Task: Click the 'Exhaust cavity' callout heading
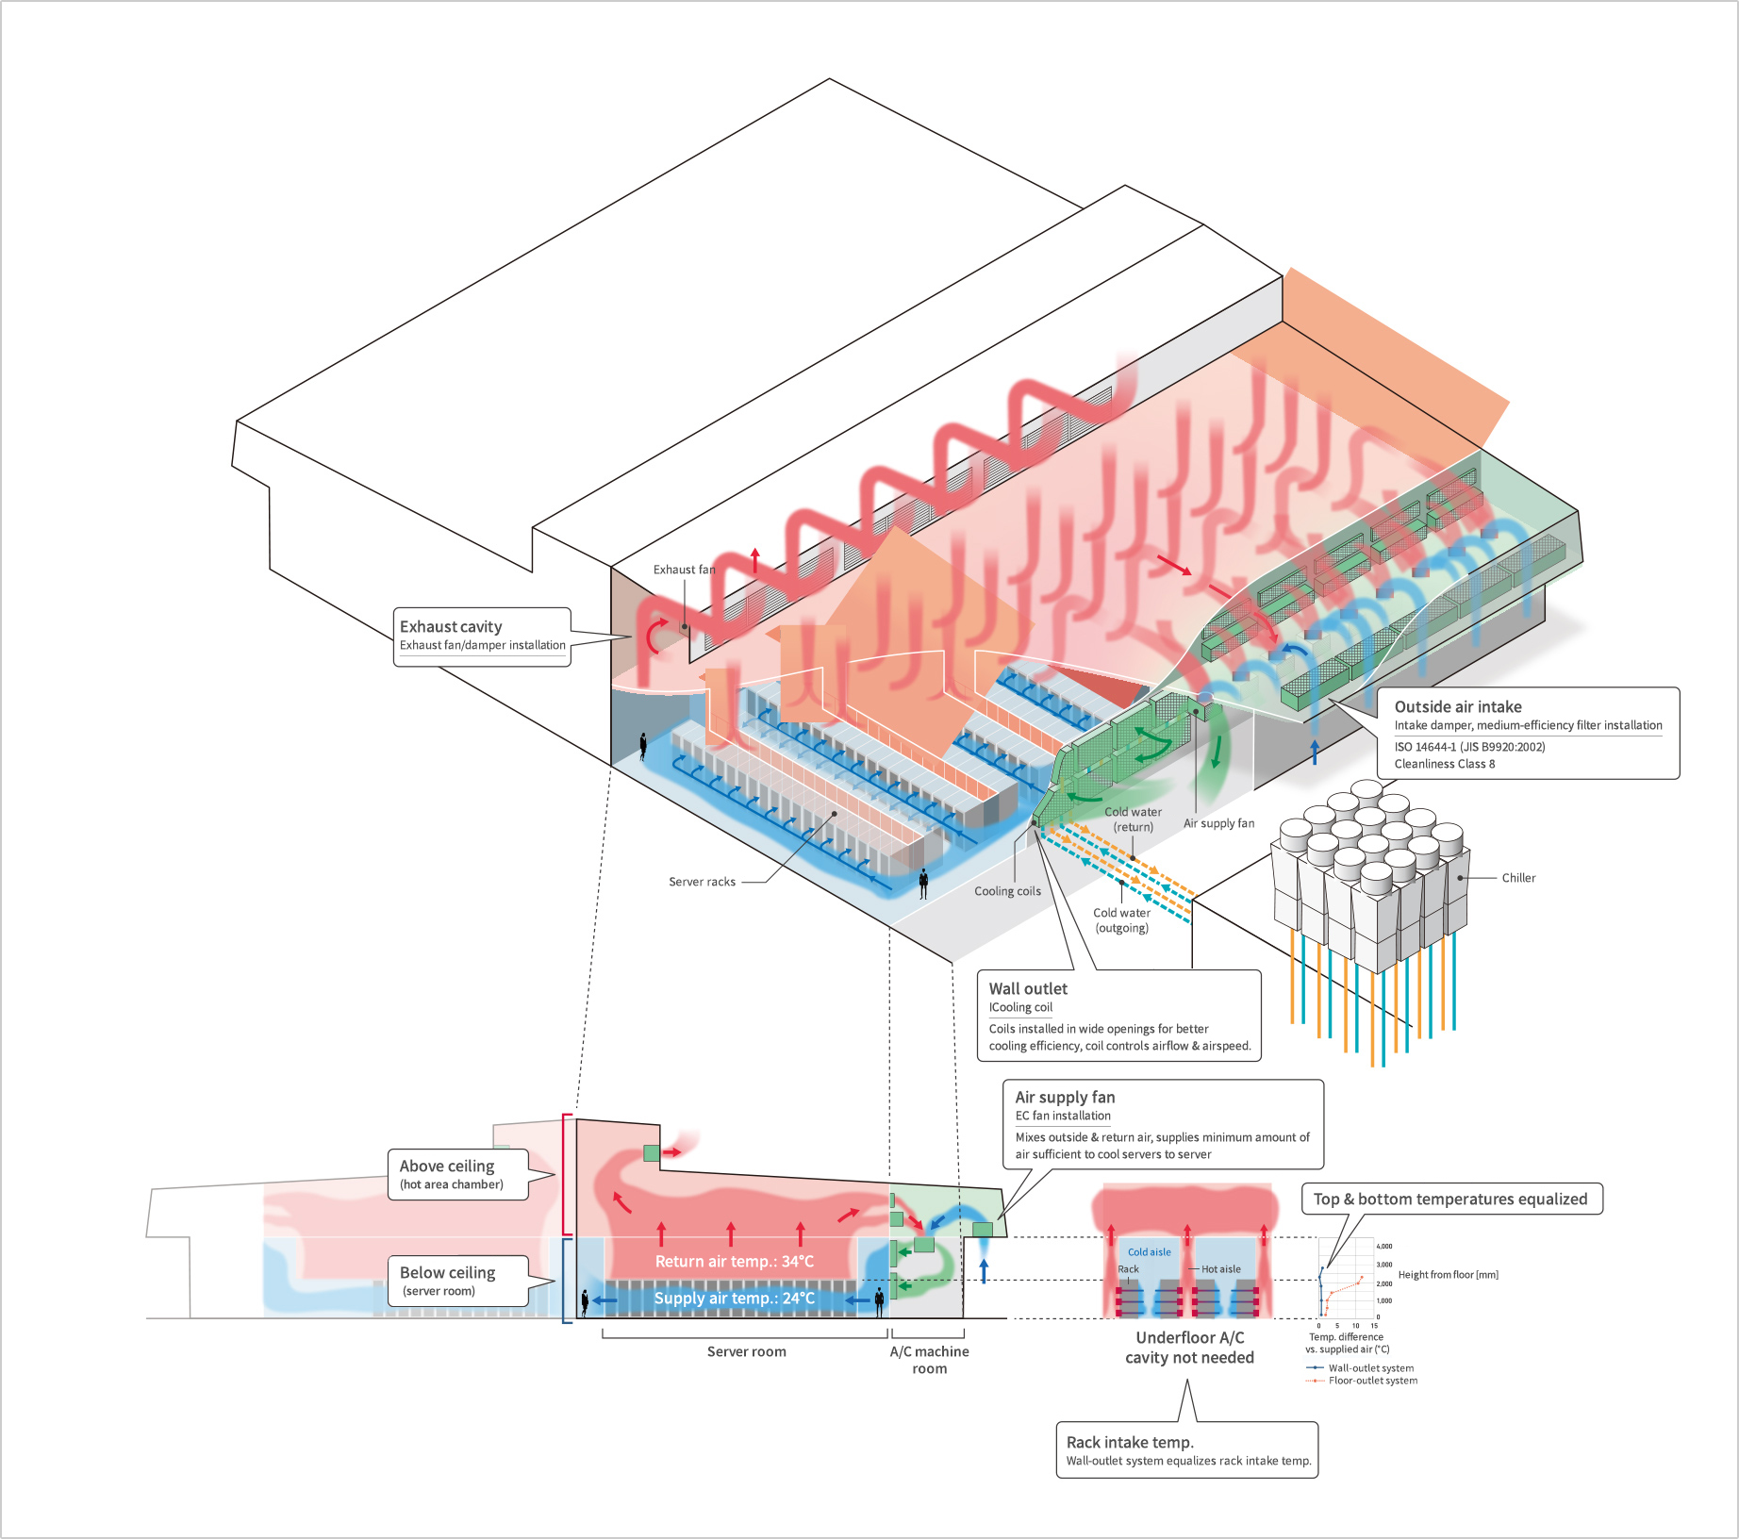coord(451,627)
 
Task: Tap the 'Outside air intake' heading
coord(1458,707)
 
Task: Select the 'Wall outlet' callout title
coord(1028,989)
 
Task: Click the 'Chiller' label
coord(1518,878)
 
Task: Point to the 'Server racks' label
coord(702,883)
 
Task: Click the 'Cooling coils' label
coord(1007,891)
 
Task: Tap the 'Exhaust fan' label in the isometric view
coord(684,570)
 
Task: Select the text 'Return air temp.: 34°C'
coord(734,1262)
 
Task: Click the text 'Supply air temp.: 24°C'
coord(734,1299)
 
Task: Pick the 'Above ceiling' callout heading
coord(446,1167)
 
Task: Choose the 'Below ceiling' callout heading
coord(447,1273)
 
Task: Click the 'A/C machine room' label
coord(929,1360)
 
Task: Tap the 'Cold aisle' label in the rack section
coord(1149,1252)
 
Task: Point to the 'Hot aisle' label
coord(1220,1269)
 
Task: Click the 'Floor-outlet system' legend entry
coord(1372,1381)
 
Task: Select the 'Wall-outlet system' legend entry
coord(1370,1368)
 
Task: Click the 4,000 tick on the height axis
coord(1384,1247)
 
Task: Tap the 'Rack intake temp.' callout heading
coord(1130,1443)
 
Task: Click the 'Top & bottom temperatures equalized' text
coord(1450,1200)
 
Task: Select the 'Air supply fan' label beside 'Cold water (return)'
coord(1218,823)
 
